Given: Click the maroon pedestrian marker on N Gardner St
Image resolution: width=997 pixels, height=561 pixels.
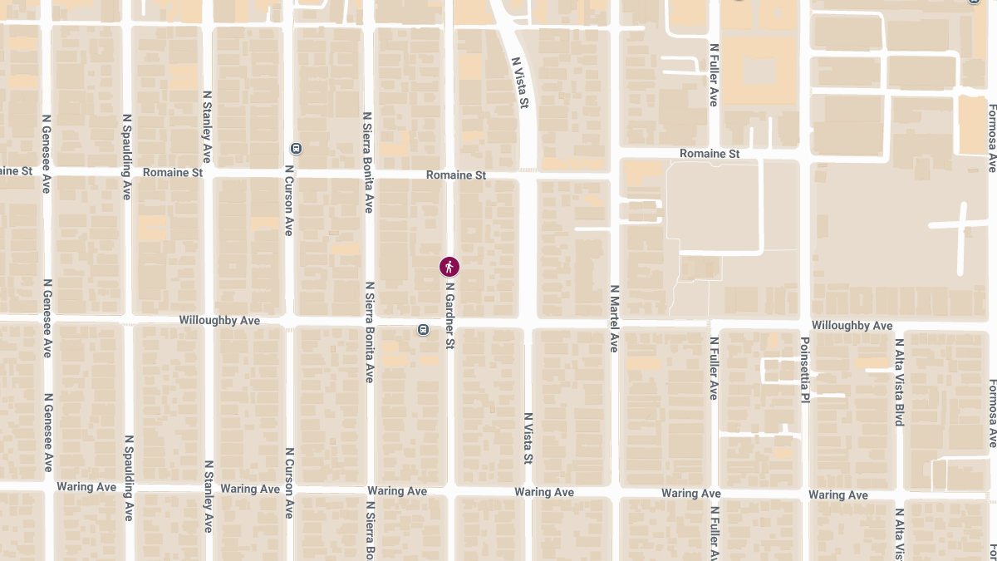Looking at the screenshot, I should click(x=449, y=267).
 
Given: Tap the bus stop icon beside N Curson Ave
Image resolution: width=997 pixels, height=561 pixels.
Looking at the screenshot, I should click(x=296, y=149).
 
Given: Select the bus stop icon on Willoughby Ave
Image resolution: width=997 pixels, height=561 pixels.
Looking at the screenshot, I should click(x=424, y=330).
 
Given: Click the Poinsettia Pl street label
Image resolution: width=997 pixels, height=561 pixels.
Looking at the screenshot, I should click(x=804, y=370).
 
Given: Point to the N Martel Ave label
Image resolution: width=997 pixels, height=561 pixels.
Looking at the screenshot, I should click(x=614, y=318).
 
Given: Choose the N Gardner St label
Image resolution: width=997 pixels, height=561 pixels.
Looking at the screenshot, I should click(x=449, y=315).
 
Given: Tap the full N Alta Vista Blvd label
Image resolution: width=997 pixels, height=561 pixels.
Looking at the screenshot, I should click(x=898, y=382).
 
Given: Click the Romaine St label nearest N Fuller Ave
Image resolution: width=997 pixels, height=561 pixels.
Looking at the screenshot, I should click(x=709, y=154).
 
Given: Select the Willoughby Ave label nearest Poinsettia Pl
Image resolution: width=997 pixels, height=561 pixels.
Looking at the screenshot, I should click(x=852, y=326).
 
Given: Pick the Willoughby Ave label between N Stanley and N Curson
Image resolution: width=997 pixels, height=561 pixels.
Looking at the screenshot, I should click(x=219, y=320).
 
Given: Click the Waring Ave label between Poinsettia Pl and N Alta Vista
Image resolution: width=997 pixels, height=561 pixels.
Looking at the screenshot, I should click(x=837, y=495).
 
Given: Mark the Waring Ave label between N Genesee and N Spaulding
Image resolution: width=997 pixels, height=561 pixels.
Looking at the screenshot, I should click(x=86, y=486).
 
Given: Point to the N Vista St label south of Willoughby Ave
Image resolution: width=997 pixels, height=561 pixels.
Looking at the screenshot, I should click(x=528, y=438).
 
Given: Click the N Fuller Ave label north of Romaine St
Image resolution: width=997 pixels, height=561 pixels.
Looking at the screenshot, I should click(x=713, y=75).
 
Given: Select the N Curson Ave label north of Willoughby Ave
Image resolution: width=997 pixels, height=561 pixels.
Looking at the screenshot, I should click(x=288, y=199).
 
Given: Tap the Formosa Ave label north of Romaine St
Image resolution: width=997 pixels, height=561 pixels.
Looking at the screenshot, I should click(x=991, y=138).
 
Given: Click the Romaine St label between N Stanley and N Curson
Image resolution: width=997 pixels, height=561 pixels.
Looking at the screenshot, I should click(x=173, y=173).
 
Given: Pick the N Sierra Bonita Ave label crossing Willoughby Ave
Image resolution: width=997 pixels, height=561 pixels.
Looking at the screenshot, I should click(x=369, y=332).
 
